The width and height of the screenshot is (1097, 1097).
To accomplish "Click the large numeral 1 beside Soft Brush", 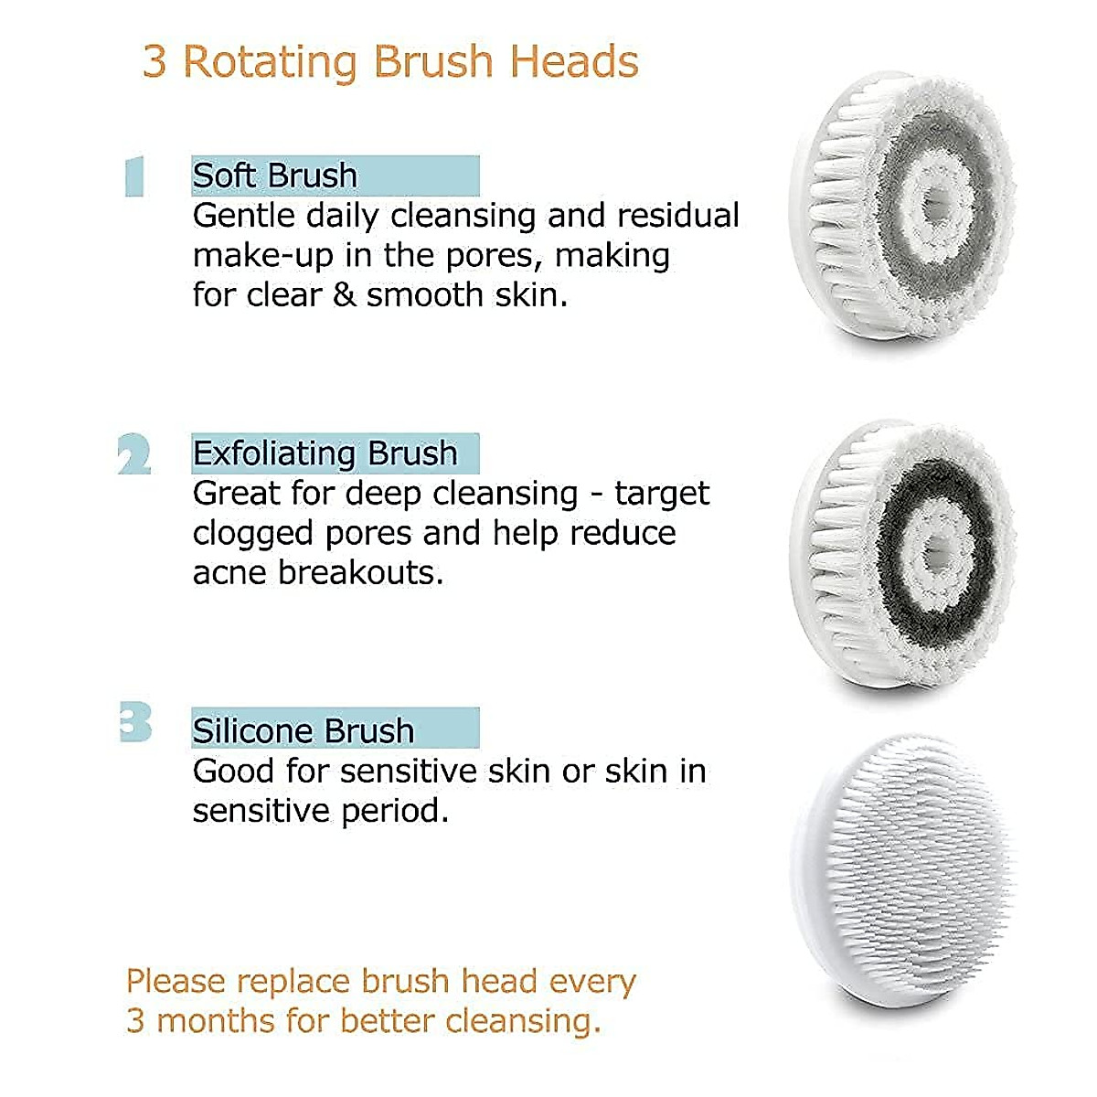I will pos(134,176).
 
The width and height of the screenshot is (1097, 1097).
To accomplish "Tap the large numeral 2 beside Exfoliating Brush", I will pos(134,454).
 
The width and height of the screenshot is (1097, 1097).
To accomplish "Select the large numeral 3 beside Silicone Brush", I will pos(135,722).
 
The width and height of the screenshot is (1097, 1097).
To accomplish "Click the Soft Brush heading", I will pos(275,176).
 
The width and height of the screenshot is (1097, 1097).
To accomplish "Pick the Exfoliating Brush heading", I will pos(325,453).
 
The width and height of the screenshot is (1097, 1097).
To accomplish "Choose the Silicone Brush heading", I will pos(304,730).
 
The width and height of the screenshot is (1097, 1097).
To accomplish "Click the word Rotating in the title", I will pos(271,62).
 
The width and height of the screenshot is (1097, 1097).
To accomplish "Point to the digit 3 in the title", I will pos(154,62).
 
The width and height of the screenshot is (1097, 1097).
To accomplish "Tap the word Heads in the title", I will pos(574,62).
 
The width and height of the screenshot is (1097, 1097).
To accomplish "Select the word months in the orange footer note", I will pos(216,1020).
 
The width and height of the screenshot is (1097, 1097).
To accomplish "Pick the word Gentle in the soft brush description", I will pos(244,217).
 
